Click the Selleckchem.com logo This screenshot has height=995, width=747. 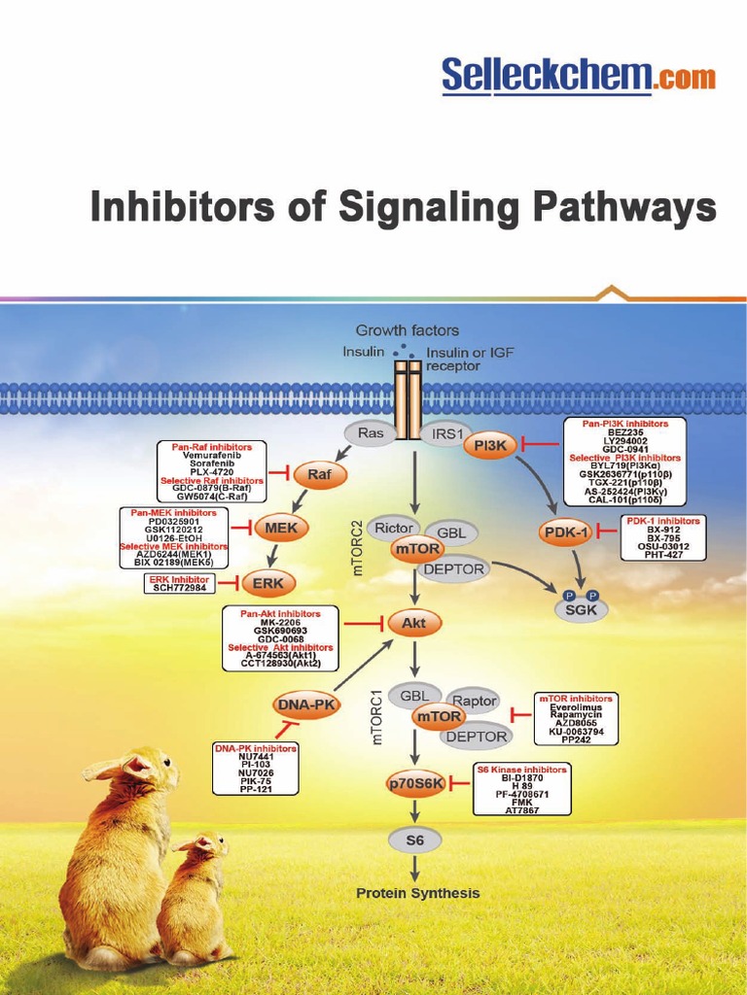578,75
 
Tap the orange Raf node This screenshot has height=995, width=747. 319,474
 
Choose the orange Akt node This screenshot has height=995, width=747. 414,622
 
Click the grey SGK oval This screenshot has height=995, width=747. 581,609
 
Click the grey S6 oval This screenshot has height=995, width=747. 415,840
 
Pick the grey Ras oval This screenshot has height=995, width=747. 371,432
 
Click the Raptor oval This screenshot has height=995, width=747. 474,701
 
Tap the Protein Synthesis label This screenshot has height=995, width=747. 417,893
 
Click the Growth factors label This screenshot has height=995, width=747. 407,330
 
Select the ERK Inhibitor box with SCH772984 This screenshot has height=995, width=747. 180,583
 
